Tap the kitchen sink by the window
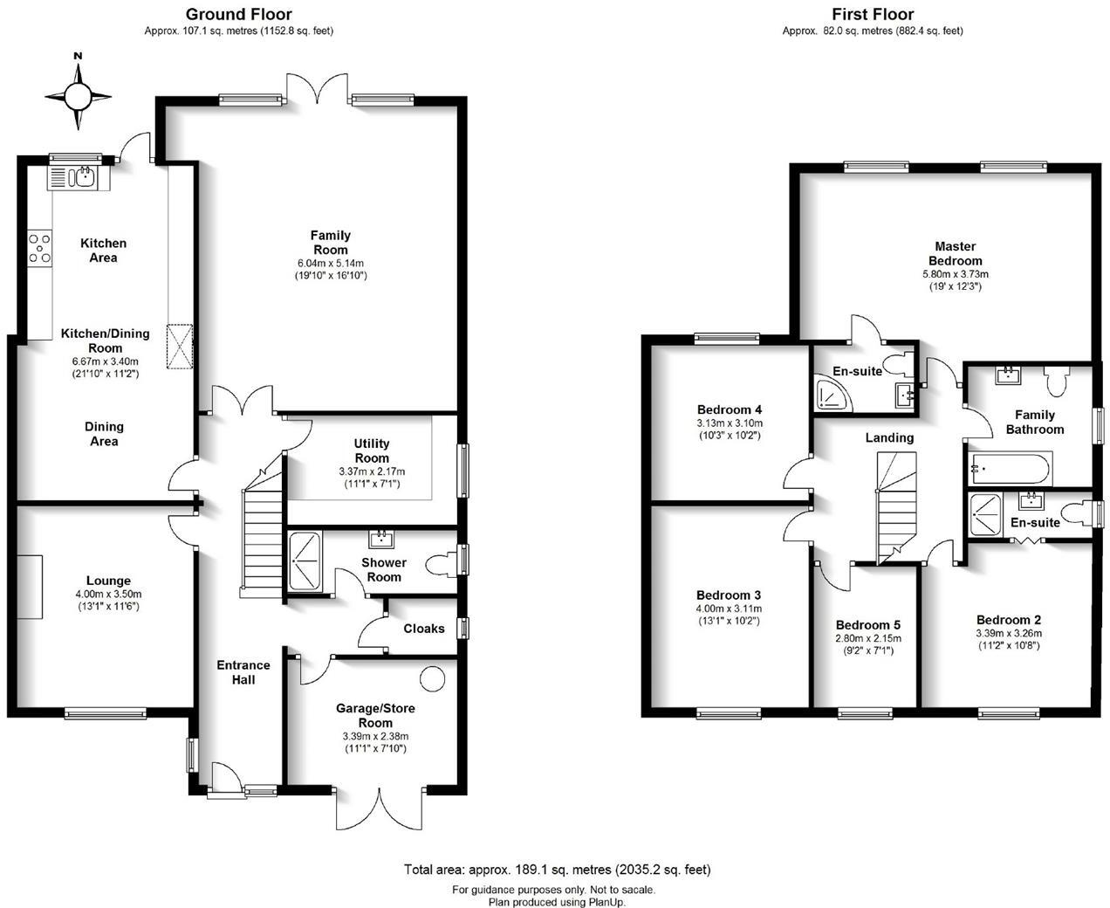(x=85, y=177)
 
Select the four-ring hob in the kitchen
(x=39, y=247)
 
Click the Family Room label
(x=330, y=242)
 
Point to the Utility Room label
(x=372, y=451)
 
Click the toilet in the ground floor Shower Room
(x=445, y=562)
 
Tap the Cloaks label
(x=424, y=629)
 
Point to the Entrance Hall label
(x=243, y=671)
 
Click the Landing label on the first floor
(x=889, y=437)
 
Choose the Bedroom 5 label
(x=867, y=625)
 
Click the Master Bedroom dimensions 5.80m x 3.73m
(x=956, y=273)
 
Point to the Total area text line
(x=557, y=870)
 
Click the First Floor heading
(x=873, y=14)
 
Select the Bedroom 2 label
(x=1008, y=620)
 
